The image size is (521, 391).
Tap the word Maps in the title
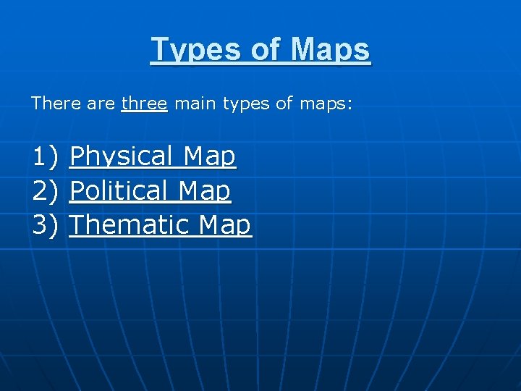click(331, 50)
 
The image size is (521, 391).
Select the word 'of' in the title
click(265, 50)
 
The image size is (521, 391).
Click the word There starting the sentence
click(55, 104)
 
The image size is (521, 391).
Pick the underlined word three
click(144, 104)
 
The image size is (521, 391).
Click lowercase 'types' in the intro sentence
click(246, 104)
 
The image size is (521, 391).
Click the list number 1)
click(46, 156)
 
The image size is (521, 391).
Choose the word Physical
click(121, 156)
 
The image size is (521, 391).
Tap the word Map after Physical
click(209, 156)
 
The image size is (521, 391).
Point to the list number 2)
click(46, 191)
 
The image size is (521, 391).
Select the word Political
click(119, 191)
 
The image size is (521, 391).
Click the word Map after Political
click(204, 191)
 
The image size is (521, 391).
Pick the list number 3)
click(46, 225)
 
